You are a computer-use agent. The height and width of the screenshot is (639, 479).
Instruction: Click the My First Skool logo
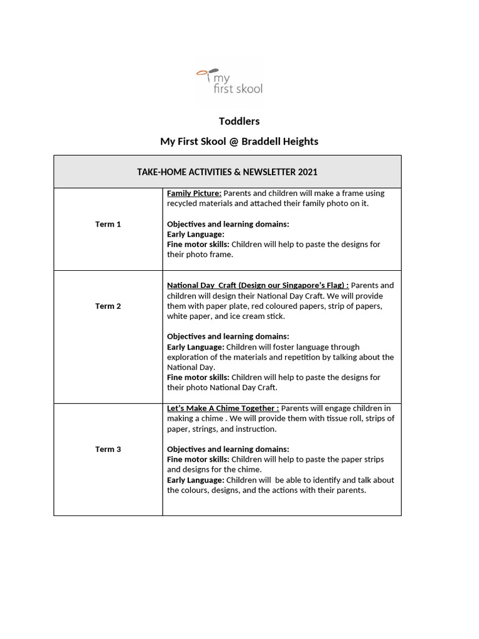coord(229,82)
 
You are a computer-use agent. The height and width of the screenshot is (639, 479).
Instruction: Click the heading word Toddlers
coord(239,121)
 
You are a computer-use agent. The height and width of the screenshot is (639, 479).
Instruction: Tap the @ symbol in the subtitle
coord(233,142)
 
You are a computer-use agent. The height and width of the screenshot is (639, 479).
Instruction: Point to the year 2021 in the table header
coord(307,172)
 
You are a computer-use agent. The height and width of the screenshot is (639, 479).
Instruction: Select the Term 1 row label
coord(108,224)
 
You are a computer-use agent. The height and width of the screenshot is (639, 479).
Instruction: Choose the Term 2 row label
coord(108,306)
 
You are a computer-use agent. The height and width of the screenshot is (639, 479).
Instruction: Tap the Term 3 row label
coord(108,449)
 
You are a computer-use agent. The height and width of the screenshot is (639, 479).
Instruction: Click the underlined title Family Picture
coord(194,193)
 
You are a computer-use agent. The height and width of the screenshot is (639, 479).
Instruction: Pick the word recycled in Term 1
coord(185,203)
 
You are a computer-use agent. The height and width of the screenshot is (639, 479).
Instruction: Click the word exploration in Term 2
coord(189,357)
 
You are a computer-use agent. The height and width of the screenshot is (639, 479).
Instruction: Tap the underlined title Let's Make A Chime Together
coord(223,408)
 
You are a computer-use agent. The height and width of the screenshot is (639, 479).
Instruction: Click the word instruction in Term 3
coord(256,429)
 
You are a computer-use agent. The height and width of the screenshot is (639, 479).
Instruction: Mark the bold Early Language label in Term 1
coord(195,234)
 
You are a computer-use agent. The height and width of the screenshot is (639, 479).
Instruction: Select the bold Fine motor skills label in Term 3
coord(198,459)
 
